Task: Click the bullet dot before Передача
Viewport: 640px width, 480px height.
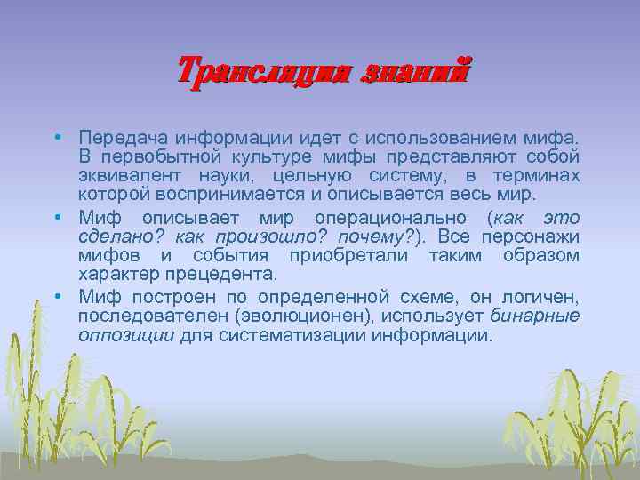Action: coord(55,139)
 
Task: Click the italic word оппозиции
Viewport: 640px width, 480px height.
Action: coord(126,336)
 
